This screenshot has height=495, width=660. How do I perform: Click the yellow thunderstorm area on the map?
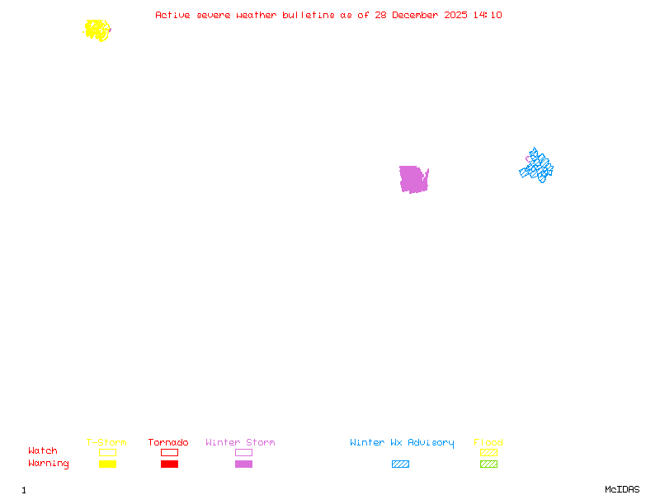click(x=97, y=31)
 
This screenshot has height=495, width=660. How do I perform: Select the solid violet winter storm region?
click(x=412, y=178)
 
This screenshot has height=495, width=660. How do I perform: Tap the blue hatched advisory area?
click(x=537, y=167)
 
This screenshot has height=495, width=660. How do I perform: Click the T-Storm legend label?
click(x=106, y=442)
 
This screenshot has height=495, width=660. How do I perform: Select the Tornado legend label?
click(x=168, y=442)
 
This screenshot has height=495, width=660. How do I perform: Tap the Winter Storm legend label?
click(x=240, y=442)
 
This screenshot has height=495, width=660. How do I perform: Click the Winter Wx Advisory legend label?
click(x=402, y=442)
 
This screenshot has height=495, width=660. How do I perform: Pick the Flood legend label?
click(x=488, y=442)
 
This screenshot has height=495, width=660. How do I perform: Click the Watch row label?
click(x=43, y=451)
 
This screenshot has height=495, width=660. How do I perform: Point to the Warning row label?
click(x=49, y=464)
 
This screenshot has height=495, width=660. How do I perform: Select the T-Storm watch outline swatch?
click(x=107, y=452)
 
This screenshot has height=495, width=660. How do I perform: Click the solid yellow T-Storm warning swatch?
click(x=107, y=464)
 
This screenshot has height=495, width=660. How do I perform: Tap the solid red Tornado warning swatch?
click(x=169, y=464)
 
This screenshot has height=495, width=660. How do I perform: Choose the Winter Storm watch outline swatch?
click(x=243, y=452)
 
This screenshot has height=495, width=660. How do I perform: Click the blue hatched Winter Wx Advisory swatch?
click(x=400, y=464)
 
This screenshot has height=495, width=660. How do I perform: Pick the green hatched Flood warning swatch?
click(x=488, y=464)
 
